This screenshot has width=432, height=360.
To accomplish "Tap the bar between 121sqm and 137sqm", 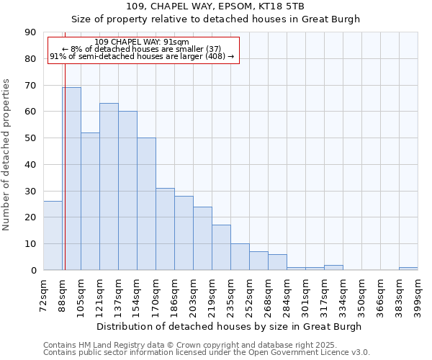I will click(x=109, y=186).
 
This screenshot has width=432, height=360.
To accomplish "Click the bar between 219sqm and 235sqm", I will click(x=221, y=248).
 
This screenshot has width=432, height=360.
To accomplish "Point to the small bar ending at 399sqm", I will click(x=408, y=269).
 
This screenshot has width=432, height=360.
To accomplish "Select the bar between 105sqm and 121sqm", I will click(x=90, y=201).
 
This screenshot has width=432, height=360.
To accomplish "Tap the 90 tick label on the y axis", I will click(x=30, y=32).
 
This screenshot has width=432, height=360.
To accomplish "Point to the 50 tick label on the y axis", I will click(x=30, y=138).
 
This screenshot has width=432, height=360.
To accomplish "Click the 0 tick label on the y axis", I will click(x=33, y=270).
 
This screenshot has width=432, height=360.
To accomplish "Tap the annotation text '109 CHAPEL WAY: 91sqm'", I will click(x=142, y=42).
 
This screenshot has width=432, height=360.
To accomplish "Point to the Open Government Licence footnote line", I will click(x=207, y=352).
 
